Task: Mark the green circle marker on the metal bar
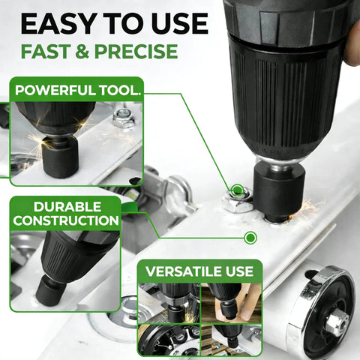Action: (250, 238)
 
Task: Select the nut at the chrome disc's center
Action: (337, 322)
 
